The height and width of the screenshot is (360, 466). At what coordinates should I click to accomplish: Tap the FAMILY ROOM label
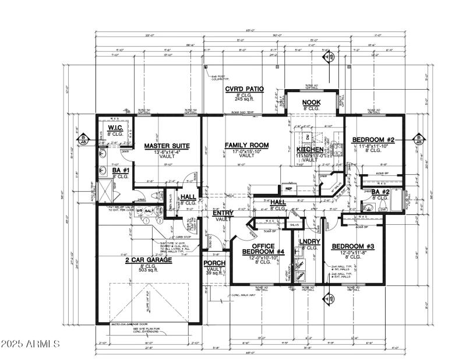tap(246, 145)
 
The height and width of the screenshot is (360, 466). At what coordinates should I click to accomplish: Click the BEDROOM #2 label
tap(373, 140)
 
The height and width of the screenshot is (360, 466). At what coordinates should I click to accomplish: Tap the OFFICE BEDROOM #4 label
tap(263, 249)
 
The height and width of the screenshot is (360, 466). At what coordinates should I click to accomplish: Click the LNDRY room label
tap(310, 241)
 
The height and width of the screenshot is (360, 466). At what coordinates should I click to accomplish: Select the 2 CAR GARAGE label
tap(148, 260)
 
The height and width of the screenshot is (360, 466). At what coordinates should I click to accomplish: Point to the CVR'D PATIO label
tap(245, 89)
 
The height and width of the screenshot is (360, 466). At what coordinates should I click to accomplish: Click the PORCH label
tap(214, 263)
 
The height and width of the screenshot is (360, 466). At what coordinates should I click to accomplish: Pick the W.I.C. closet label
tap(114, 128)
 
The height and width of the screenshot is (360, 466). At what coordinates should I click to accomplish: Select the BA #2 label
tap(380, 192)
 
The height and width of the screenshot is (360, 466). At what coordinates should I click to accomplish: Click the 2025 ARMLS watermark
tap(30, 344)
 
